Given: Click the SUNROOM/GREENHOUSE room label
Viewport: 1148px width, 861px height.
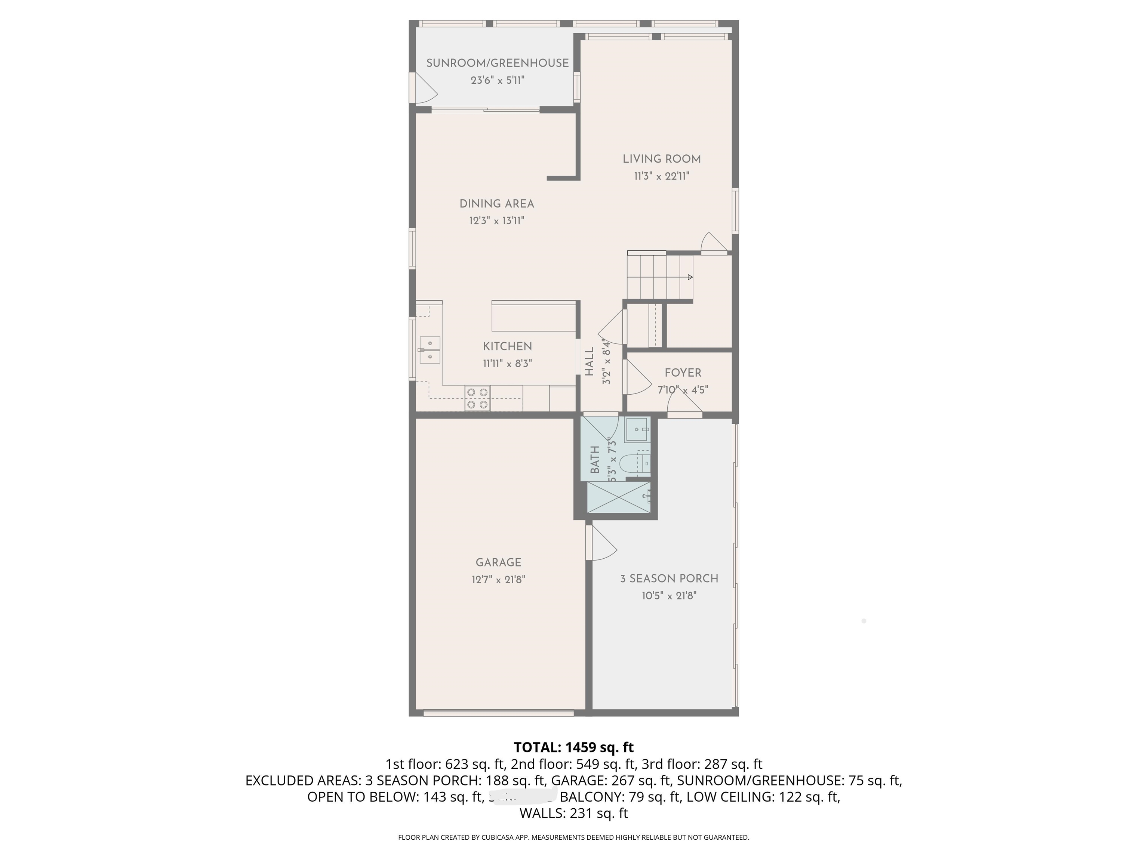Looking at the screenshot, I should click(x=497, y=63).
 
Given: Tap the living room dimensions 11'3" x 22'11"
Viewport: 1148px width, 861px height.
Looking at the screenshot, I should click(x=661, y=176).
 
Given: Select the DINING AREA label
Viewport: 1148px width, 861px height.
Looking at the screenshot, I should click(x=497, y=204).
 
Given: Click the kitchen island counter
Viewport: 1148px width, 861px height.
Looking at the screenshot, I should click(x=533, y=317).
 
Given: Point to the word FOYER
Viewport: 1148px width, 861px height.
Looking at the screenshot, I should click(x=683, y=373).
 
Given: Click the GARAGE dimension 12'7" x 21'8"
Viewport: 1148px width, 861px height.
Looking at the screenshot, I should click(x=498, y=579).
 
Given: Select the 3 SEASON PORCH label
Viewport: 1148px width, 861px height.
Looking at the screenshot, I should click(x=669, y=578).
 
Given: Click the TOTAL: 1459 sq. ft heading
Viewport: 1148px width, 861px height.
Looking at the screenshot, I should click(x=573, y=747).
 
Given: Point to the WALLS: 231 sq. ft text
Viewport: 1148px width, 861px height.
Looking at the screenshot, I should click(x=573, y=813).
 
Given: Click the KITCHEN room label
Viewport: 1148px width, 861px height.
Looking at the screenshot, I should click(x=507, y=346).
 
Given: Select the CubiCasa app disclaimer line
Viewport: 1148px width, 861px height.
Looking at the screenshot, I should click(x=573, y=837).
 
